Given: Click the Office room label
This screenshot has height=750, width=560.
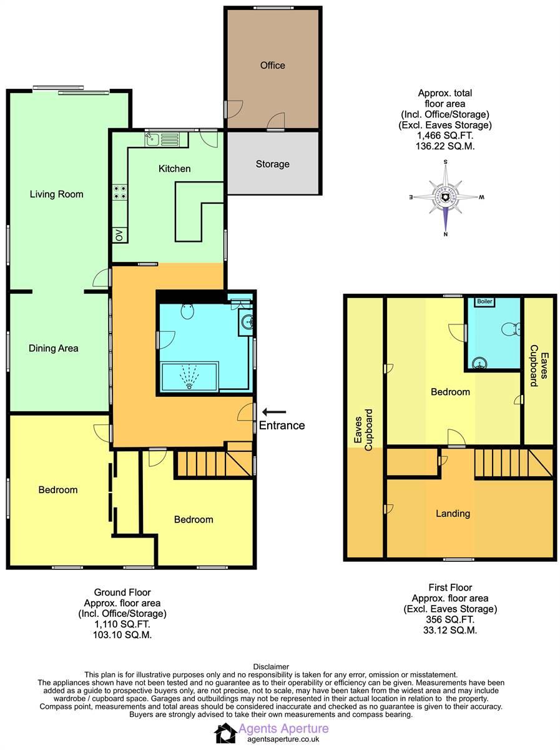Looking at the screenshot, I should coord(272,65).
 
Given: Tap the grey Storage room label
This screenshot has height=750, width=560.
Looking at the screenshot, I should coord(272,164).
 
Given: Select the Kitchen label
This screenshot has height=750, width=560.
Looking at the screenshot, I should coord(174,169).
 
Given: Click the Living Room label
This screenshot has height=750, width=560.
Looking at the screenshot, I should coord(56,194).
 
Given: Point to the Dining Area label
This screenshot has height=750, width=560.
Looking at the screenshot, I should coord(54,348).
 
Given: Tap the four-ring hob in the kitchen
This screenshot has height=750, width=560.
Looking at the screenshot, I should coord(119,193).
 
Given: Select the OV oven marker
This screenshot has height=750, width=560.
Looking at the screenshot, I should coord(119,235).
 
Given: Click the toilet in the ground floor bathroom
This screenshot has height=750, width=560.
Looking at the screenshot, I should coord(188,310).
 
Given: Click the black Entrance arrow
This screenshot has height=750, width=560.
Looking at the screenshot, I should coord(274,411).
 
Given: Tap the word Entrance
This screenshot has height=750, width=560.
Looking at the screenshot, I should coord(282,426).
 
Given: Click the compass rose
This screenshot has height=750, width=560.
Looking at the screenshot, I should coord(445,197).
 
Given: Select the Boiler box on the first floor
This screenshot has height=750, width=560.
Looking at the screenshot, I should coord(484,301).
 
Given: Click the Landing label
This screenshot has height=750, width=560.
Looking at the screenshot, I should coord(453,513).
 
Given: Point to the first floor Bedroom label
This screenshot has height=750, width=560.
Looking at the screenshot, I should coord(450,392).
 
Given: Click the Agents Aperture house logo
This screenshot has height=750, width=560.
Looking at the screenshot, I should coord(225,732).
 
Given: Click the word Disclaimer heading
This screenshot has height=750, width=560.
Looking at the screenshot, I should coord(271,667).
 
